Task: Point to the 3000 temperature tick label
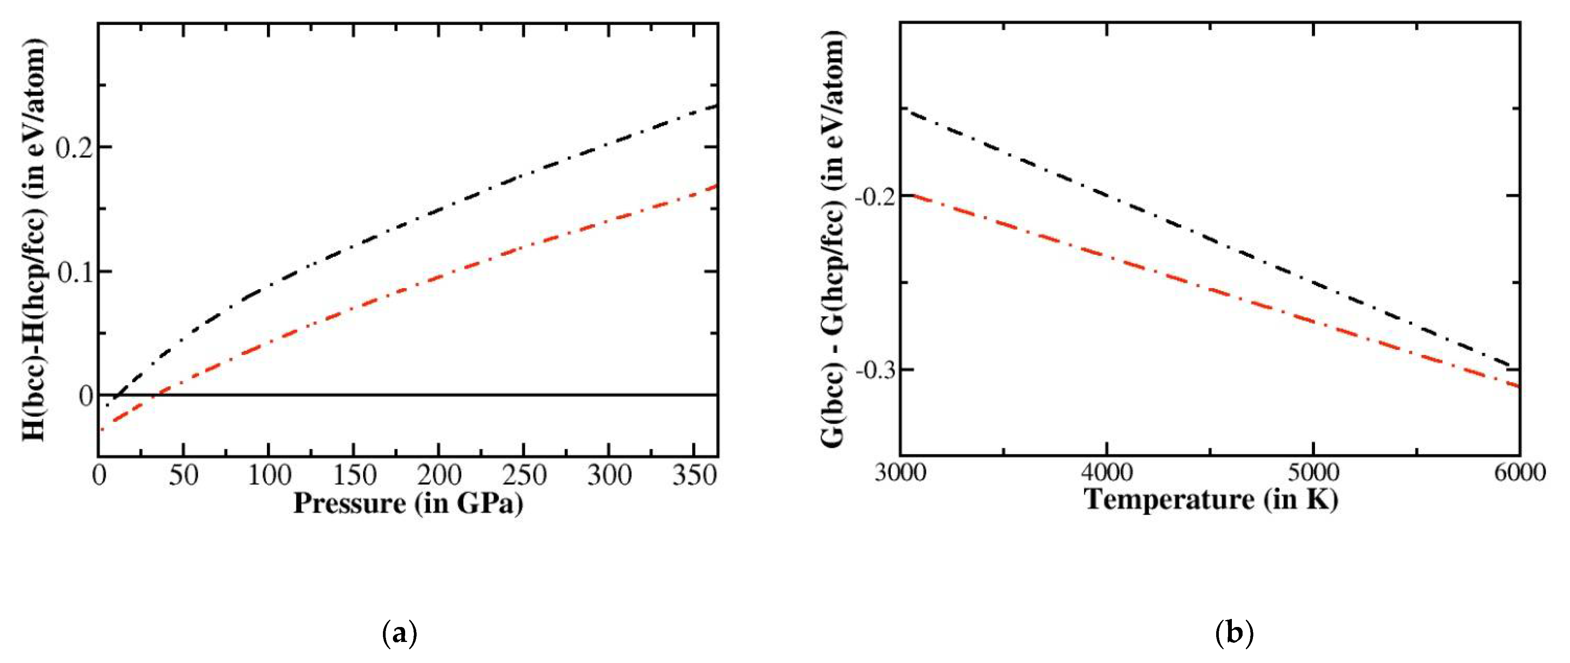coord(900,473)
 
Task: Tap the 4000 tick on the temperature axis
coord(1106,473)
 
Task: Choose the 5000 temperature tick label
coord(1313,473)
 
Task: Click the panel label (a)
coord(399,634)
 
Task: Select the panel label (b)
coord(1234,634)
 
